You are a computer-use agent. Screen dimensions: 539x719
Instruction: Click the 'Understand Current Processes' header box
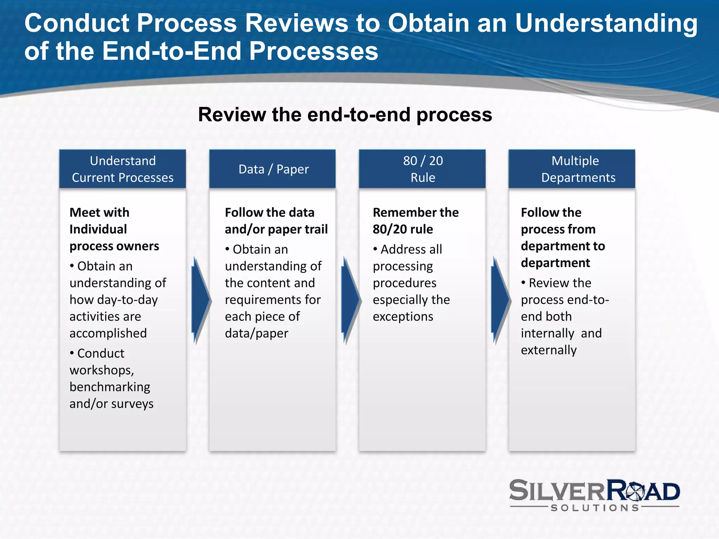[x=123, y=169]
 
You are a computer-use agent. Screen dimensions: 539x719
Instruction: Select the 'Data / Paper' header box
[x=272, y=169]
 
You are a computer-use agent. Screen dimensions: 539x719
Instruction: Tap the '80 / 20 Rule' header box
[x=422, y=169]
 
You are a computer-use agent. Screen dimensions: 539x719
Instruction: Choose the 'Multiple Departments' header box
[x=572, y=169]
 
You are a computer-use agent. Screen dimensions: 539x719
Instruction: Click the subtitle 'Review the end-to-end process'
[x=345, y=115]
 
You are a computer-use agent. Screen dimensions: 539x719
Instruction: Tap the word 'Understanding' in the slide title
[x=606, y=24]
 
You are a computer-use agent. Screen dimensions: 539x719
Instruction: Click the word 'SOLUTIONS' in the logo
[x=595, y=508]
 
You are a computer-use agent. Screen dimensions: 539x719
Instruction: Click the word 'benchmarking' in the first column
[x=110, y=387]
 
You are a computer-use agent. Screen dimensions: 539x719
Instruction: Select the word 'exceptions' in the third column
[x=403, y=317]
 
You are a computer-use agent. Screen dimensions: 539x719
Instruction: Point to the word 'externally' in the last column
[x=549, y=350]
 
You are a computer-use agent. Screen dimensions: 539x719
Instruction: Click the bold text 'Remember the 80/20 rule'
[x=416, y=221]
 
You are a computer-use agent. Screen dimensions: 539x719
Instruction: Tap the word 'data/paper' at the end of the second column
[x=257, y=333]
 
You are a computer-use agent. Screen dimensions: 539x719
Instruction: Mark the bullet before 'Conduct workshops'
[x=72, y=353]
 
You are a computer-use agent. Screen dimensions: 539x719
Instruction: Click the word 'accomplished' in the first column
[x=108, y=333]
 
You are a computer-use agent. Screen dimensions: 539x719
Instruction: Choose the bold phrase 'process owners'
[x=114, y=246]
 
